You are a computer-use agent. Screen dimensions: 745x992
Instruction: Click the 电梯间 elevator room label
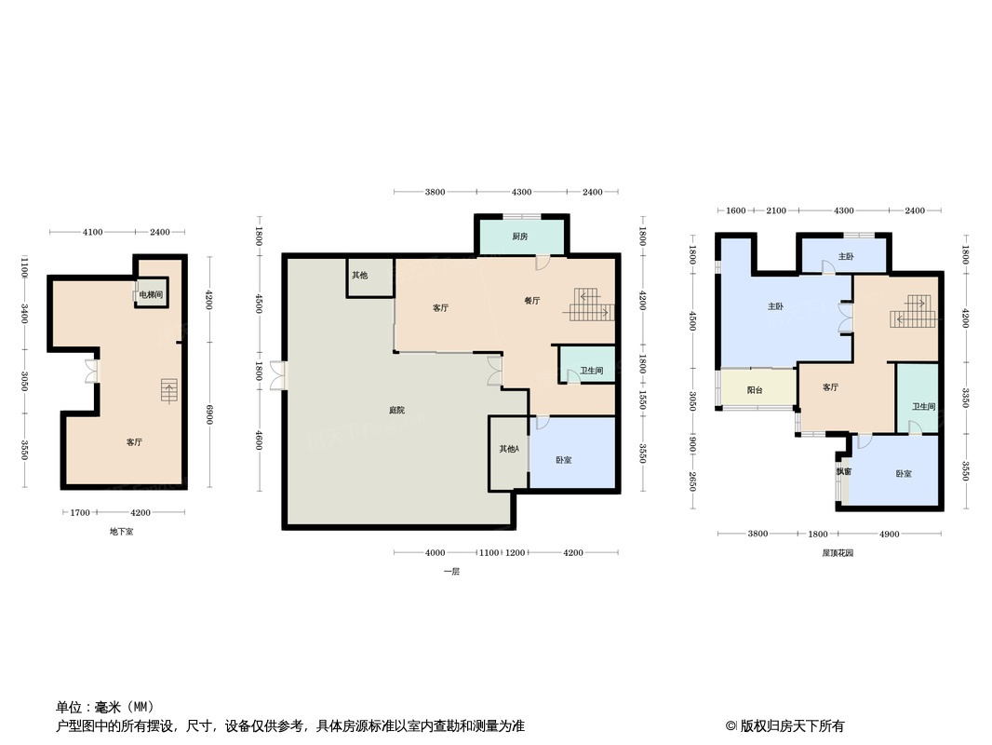coord(152,294)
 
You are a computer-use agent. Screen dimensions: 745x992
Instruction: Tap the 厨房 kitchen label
coord(520,237)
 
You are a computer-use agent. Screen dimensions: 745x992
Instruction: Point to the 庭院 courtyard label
coord(397,411)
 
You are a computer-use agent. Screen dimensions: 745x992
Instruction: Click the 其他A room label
coord(509,449)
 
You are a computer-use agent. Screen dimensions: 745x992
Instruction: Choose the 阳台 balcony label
coord(755,390)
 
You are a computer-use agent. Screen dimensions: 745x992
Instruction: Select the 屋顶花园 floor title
coord(838,553)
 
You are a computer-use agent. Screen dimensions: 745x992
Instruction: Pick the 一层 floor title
coord(451,572)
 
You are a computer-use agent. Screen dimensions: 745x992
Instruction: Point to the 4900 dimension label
coord(890,534)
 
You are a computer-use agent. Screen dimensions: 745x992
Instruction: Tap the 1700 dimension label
coord(80,512)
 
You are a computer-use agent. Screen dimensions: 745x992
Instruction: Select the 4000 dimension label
coord(435,553)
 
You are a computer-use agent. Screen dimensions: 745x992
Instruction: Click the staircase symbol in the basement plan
coord(168,390)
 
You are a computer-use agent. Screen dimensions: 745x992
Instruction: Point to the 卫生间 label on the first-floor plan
coord(591,371)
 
